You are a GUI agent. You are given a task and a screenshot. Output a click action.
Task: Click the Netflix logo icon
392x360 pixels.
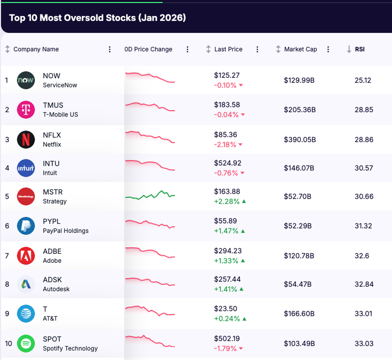coord(26,139)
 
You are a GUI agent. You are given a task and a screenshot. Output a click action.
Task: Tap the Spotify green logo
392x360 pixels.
coord(26,344)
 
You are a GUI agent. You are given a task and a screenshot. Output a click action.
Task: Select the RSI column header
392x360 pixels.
coord(360,49)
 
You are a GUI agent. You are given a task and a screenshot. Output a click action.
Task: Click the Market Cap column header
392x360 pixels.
coord(300,49)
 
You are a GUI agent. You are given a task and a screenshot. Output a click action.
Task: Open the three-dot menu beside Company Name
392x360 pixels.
coord(110,49)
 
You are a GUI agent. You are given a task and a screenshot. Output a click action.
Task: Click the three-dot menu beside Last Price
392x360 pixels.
coord(257,49)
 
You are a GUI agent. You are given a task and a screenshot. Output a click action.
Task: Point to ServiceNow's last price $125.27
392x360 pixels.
coord(227,75)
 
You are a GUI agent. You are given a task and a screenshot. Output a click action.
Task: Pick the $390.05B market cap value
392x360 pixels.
coord(300,140)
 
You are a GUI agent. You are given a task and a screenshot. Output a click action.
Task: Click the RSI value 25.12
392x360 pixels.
coord(363,80)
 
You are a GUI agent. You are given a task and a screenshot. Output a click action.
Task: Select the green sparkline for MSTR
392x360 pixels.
coord(150,195)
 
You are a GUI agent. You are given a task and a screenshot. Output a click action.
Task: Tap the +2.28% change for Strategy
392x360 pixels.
coord(226,201)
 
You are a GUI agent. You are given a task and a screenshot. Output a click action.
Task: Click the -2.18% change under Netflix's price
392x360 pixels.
coord(225,145)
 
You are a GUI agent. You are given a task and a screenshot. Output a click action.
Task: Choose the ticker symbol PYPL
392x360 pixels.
coord(51,221)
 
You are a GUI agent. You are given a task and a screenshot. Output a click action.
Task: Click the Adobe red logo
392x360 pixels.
coord(26,256)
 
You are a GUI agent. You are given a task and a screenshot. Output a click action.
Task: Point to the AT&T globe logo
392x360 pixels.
coord(26,314)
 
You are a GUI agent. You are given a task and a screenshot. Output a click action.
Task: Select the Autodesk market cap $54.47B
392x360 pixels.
coord(298,284)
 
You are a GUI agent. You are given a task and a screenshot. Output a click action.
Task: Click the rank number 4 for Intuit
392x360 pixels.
coord(7,168)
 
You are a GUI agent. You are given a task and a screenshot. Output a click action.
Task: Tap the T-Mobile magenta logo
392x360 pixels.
coord(26,110)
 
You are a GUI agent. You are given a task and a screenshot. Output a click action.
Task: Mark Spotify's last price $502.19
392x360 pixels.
coord(227,339)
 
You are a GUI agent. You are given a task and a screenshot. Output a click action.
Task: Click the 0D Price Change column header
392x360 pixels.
coord(148,49)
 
